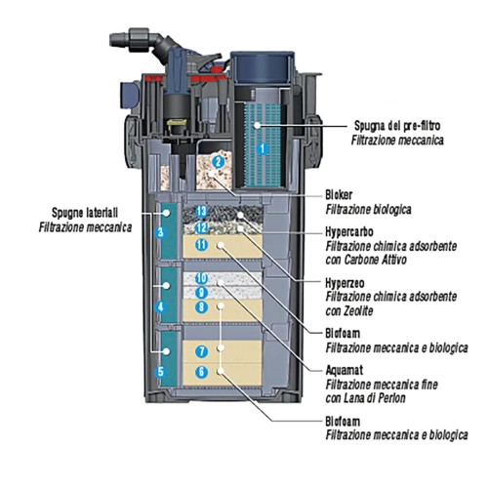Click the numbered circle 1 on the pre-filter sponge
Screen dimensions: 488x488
pos(261,148)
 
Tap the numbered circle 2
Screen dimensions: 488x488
pos(219,160)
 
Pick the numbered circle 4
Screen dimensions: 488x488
pos(161,305)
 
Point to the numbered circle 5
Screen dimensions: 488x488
pos(161,372)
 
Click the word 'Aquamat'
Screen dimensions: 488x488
pos(346,372)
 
